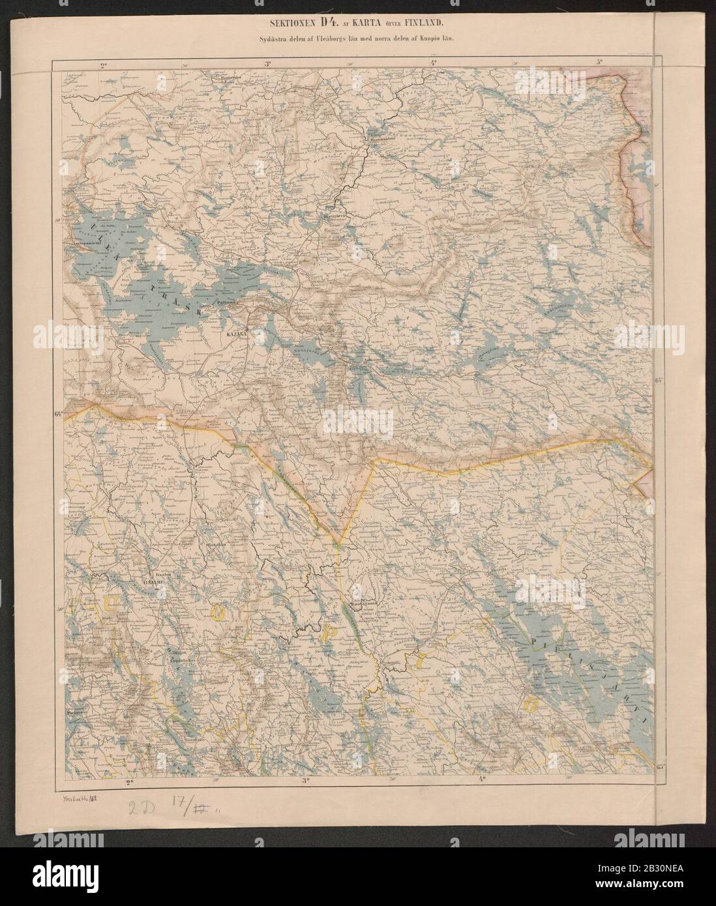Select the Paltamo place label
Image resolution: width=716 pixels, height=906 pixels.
coord(228,303)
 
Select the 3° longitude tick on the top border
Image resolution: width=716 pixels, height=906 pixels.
coord(268,63)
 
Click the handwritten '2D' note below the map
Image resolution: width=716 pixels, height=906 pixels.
coord(141,804)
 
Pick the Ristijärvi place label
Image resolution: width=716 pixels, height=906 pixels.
coord(336,212)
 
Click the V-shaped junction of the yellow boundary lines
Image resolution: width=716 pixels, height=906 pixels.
coord(338,545)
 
